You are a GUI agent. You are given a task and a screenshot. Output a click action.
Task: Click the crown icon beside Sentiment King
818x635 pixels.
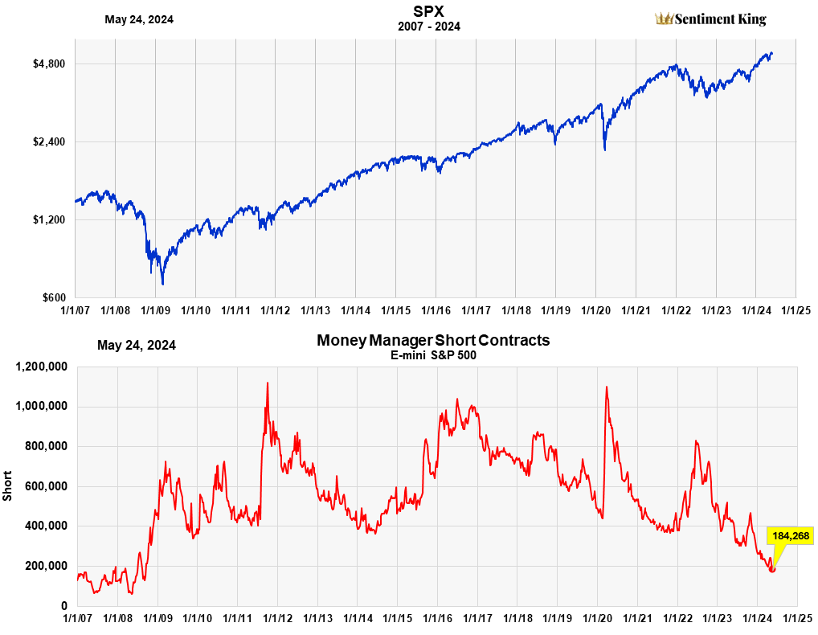[x=664, y=18]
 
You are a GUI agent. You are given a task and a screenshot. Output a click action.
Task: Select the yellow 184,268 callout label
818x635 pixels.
[x=791, y=535]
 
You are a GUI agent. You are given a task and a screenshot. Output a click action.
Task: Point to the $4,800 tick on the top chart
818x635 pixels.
[x=48, y=63]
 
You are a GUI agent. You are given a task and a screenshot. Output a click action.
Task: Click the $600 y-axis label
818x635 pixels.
[x=52, y=297]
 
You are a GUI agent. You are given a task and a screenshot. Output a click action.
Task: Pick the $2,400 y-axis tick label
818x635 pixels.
[x=48, y=141]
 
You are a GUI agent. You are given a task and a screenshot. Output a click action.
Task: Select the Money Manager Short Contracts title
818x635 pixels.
[x=433, y=340]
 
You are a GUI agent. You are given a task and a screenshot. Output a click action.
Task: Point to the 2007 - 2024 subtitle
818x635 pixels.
[x=429, y=27]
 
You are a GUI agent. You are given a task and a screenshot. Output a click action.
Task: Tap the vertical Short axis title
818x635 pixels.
[x=8, y=487]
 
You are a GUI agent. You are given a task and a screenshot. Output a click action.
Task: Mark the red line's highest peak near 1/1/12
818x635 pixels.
[x=267, y=383]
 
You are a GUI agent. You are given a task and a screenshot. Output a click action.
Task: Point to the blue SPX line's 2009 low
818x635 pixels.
[x=162, y=284]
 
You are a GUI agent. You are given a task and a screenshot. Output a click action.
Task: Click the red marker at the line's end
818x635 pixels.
[x=772, y=569]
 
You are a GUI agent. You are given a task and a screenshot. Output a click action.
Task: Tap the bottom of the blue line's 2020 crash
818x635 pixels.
[x=604, y=150]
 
